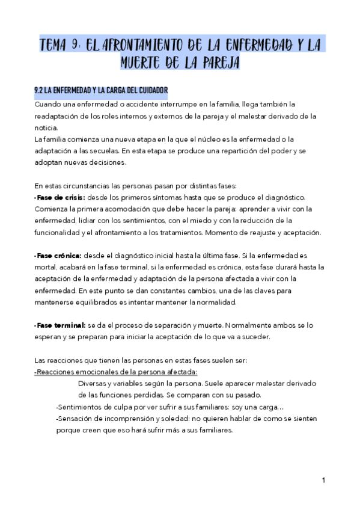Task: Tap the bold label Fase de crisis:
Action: (x=60, y=197)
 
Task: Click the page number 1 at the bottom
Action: (x=323, y=481)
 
